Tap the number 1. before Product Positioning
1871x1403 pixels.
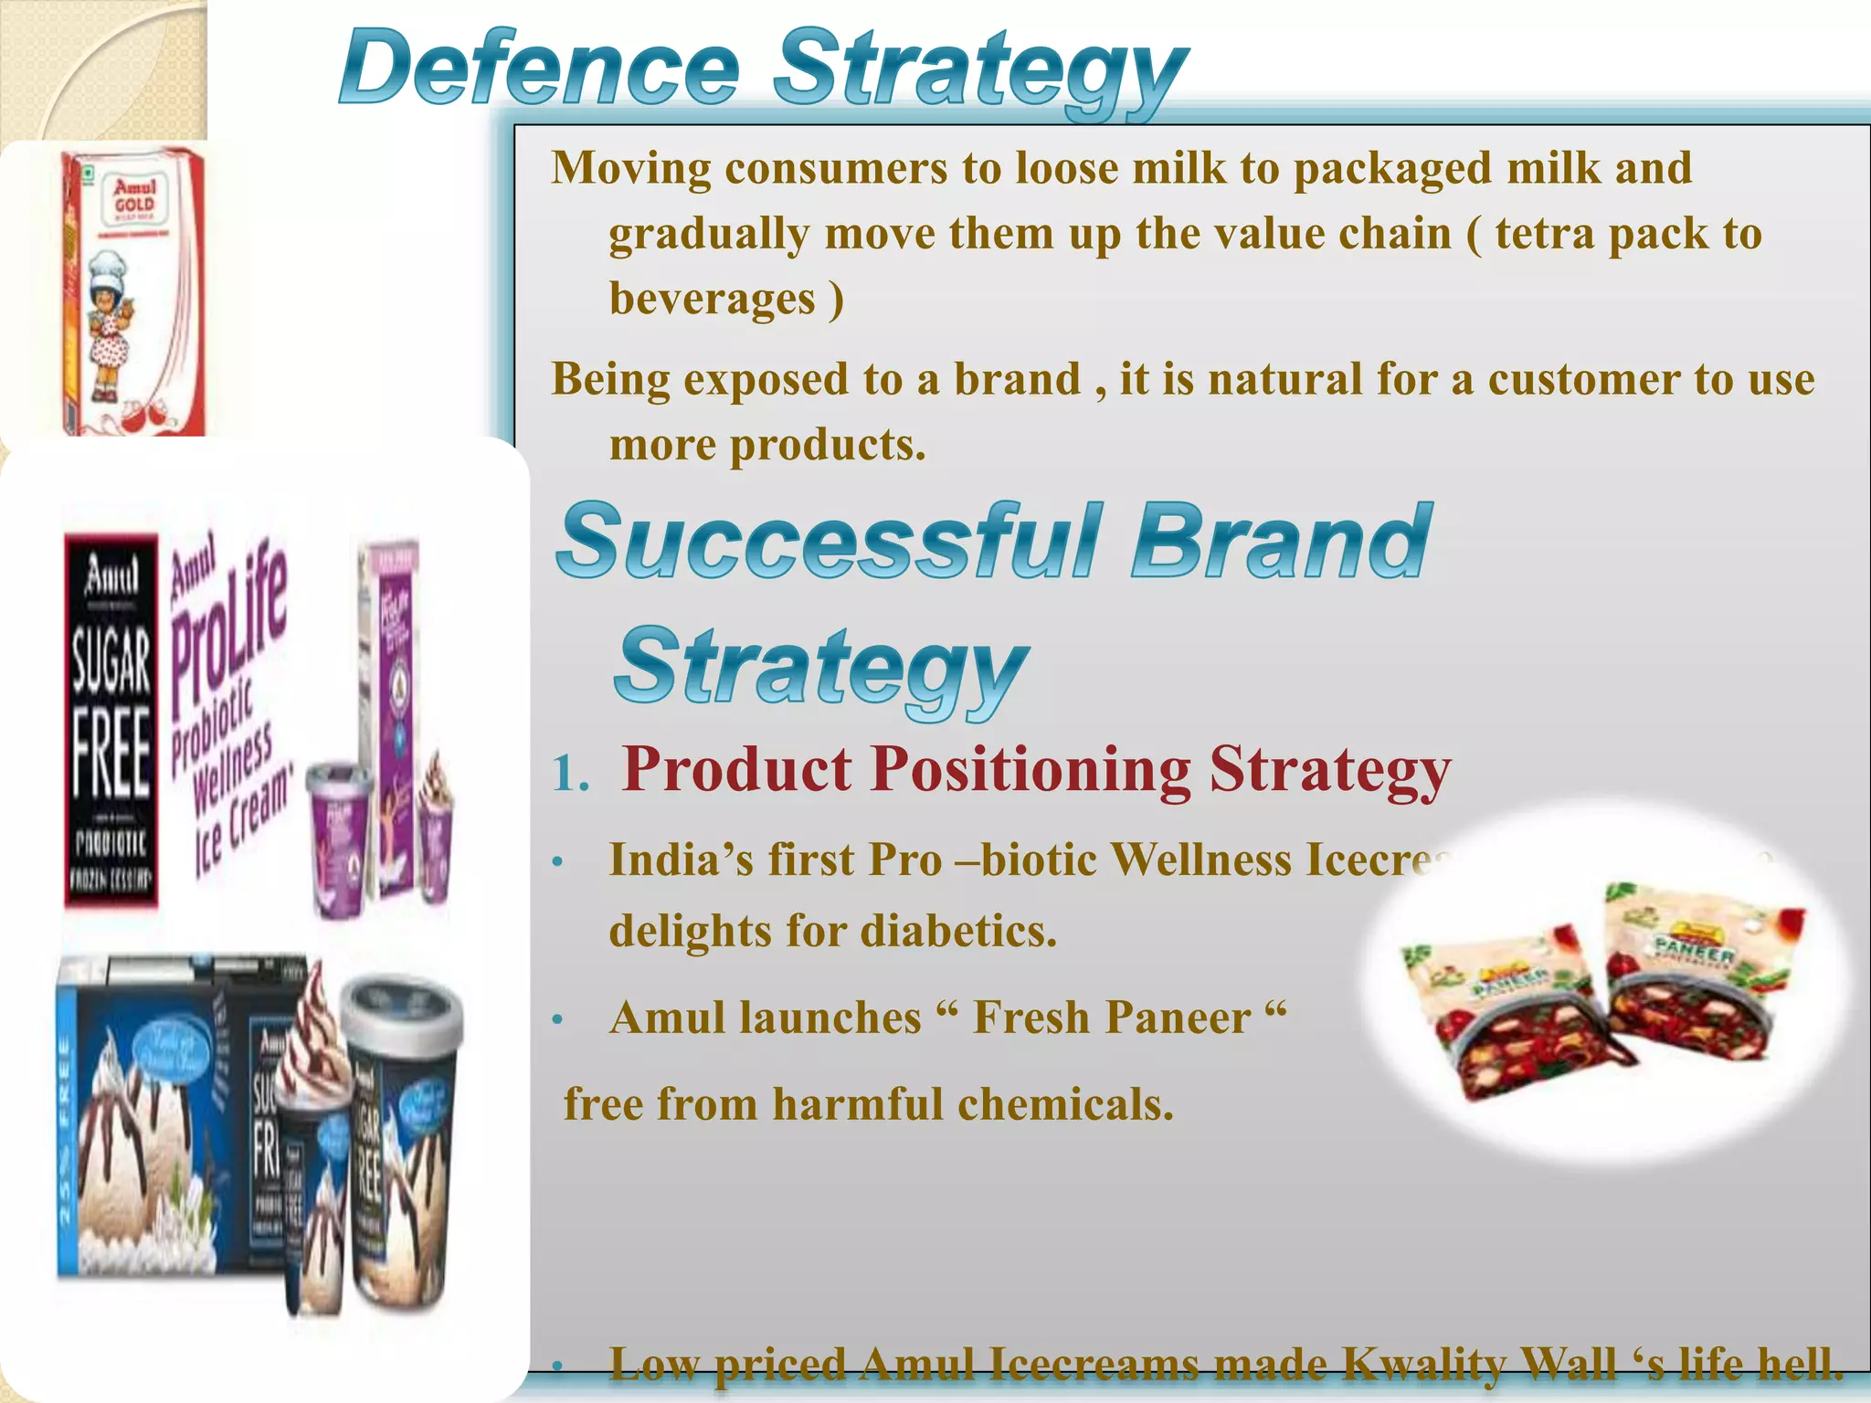point(571,775)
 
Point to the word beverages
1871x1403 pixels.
point(713,299)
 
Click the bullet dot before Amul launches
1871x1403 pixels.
point(558,1019)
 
